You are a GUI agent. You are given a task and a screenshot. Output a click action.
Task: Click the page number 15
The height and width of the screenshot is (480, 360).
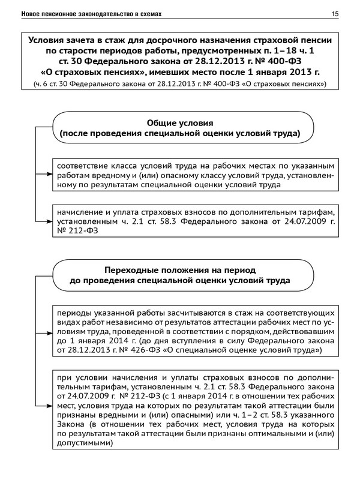point(334,13)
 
